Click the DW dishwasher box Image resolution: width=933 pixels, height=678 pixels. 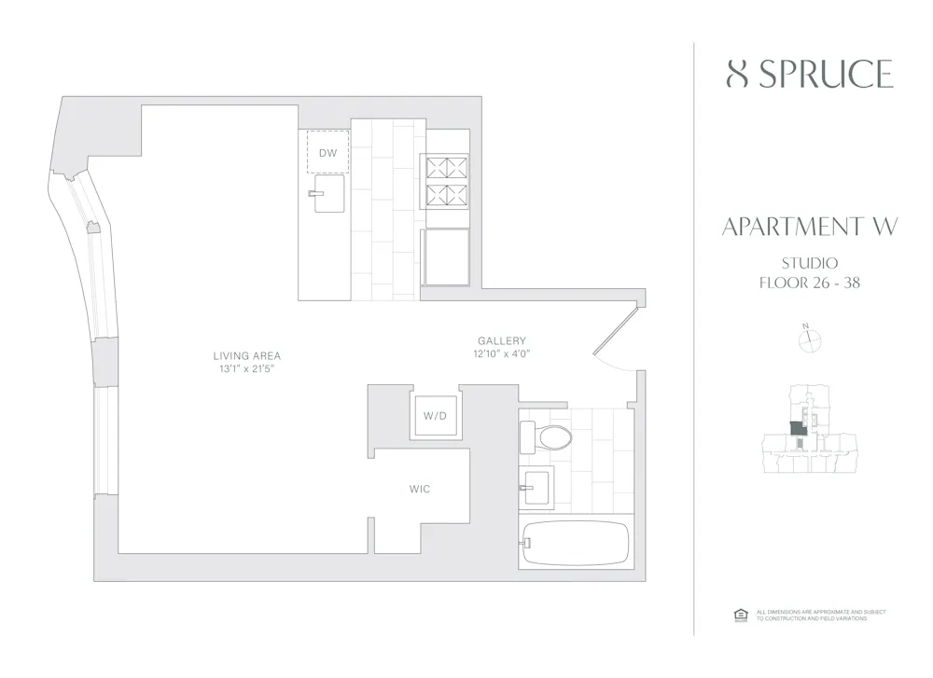pyautogui.click(x=327, y=152)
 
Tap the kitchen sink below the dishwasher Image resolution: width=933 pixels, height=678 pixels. pyautogui.click(x=328, y=194)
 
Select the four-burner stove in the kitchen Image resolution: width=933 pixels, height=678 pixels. pyautogui.click(x=446, y=181)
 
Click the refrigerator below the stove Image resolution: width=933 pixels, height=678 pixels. pyautogui.click(x=446, y=257)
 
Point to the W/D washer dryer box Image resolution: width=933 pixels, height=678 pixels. pyautogui.click(x=435, y=415)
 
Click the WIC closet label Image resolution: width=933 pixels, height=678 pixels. pyautogui.click(x=420, y=489)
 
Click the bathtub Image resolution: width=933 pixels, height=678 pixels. pyautogui.click(x=575, y=543)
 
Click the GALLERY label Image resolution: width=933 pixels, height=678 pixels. pyautogui.click(x=502, y=341)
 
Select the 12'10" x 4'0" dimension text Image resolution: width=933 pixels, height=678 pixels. pyautogui.click(x=502, y=354)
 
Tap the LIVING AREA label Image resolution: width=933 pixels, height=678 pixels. pyautogui.click(x=246, y=356)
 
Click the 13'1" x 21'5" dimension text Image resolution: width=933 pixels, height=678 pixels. pyautogui.click(x=246, y=369)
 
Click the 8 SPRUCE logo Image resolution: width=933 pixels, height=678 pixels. pyautogui.click(x=809, y=74)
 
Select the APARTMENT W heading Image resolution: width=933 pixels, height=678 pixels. pyautogui.click(x=809, y=227)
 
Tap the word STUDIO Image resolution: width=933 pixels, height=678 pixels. pyautogui.click(x=809, y=263)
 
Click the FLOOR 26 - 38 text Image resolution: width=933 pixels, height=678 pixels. pyautogui.click(x=809, y=283)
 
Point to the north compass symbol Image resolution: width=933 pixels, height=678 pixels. pyautogui.click(x=809, y=340)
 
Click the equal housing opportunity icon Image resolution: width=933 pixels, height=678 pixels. pyautogui.click(x=742, y=615)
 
